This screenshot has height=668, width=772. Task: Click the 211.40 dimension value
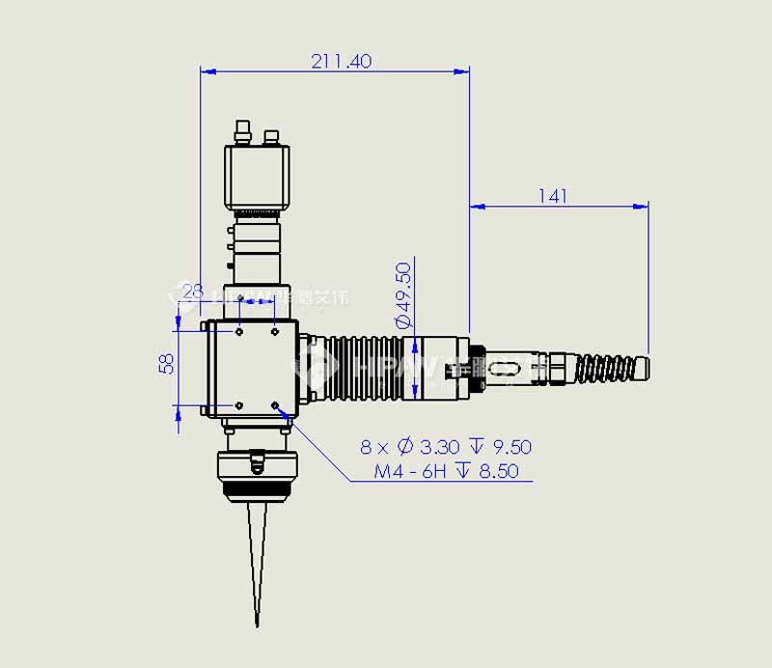tap(341, 61)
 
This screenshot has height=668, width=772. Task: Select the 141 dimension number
tap(552, 196)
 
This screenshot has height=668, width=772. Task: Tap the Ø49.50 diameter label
tap(403, 294)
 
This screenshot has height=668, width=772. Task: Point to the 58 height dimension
tap(167, 363)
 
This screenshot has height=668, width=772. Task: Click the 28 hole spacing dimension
tap(193, 290)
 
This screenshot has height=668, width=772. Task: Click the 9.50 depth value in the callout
tap(511, 447)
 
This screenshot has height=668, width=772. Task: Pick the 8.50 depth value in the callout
tap(499, 471)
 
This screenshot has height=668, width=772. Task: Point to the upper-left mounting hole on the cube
tap(239, 332)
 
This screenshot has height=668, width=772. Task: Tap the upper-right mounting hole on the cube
tap(275, 332)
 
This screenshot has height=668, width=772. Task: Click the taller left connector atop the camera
tap(242, 129)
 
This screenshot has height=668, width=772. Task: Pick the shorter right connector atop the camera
tap(271, 137)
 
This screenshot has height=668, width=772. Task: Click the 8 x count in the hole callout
tap(374, 447)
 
